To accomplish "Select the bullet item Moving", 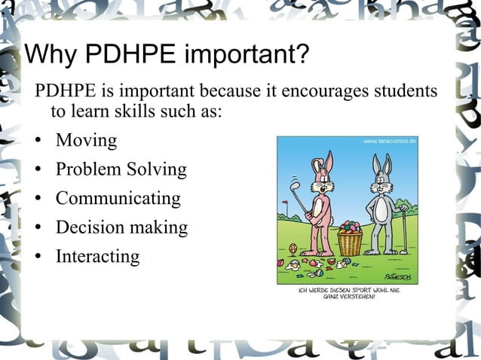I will pos(86,141).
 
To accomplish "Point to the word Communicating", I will pos(118,199).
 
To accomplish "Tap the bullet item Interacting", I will pos(97,256).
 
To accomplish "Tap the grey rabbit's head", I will pos(381,180).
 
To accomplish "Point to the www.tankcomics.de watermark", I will pos(390,141).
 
